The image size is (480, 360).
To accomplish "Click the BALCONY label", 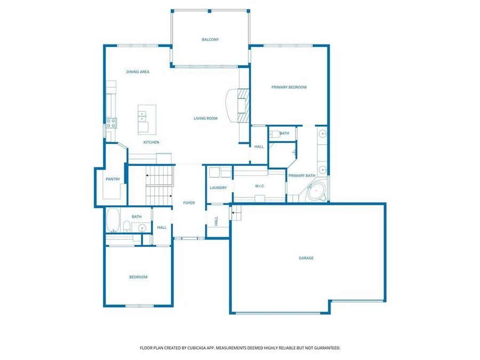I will pos(210,39).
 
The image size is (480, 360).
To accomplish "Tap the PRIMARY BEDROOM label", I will pos(289,87).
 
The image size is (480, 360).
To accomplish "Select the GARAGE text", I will pos(306,258).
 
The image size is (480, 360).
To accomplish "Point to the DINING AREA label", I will pos(138,71).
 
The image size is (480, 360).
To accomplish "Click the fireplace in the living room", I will pos(243,106).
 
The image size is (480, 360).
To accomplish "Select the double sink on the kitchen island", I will pos(143,114).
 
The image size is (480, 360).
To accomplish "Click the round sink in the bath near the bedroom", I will pos(142,228).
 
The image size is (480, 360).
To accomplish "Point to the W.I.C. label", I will pos(260,186).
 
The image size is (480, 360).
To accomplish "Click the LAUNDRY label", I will pos(218,188).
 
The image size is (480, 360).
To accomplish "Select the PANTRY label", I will pos(113,179).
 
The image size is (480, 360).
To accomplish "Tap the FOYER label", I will pos(189,203).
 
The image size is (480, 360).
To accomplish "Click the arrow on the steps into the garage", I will pos(233,214).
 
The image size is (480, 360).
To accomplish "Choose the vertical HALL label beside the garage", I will pos(216,220).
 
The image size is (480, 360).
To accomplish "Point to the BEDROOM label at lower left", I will pos(138,277).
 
